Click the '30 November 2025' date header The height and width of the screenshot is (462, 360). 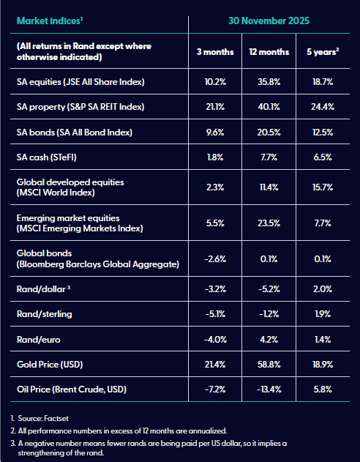click(269, 21)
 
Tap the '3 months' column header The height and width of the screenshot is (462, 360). click(215, 52)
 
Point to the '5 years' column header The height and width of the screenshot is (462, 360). click(323, 52)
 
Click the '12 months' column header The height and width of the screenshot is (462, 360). click(269, 52)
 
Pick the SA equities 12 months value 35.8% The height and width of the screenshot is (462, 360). click(269, 81)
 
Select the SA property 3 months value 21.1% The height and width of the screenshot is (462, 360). click(215, 107)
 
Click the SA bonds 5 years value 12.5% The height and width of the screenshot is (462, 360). click(323, 133)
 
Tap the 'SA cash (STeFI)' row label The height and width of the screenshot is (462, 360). click(47, 157)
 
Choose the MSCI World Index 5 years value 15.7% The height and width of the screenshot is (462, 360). click(323, 187)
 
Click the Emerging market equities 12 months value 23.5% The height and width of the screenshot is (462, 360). click(269, 223)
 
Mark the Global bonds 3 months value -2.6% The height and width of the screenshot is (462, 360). click(215, 259)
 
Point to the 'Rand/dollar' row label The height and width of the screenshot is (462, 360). click(41, 289)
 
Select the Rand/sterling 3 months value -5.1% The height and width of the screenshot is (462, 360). click(215, 314)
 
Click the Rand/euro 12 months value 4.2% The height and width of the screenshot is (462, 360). click(269, 340)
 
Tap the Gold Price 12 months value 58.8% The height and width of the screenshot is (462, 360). click(269, 365)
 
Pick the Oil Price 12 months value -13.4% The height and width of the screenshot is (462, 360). click(269, 390)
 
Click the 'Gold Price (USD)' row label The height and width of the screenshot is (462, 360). click(50, 365)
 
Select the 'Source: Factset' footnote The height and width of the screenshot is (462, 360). click(43, 418)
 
